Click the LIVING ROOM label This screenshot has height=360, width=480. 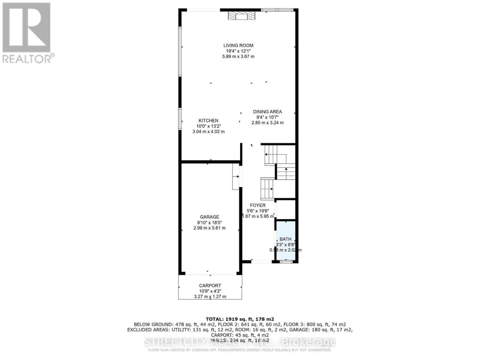[238, 46]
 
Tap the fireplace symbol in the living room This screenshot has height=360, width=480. [241, 16]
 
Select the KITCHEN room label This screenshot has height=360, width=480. [208, 121]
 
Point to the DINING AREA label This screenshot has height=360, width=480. [267, 112]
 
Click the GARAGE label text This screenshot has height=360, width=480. [209, 217]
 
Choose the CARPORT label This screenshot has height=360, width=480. [210, 286]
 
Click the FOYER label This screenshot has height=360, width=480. [257, 205]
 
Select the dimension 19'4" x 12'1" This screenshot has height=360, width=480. [238, 51]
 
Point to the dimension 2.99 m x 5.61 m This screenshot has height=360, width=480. [209, 228]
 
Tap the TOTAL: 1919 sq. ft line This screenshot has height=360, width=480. [240, 319]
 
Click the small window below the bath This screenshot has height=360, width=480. [286, 262]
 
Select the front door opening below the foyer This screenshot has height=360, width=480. [261, 262]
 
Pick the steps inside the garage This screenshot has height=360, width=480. [236, 176]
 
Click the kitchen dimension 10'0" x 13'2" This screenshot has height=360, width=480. [208, 126]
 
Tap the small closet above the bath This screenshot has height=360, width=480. [286, 209]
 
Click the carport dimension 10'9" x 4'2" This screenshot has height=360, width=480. [210, 291]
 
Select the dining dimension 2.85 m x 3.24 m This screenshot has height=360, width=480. [267, 123]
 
